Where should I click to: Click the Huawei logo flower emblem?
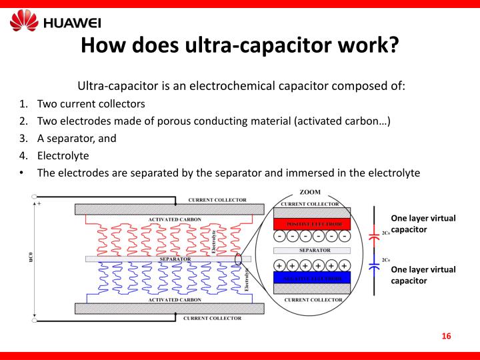[24, 21]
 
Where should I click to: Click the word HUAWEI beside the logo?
[72, 23]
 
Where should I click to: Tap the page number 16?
[447, 335]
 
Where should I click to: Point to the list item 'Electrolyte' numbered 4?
[63, 155]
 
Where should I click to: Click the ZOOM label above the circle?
[309, 192]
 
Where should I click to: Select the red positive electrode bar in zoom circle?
[312, 223]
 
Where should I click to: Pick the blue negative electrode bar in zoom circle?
[312, 277]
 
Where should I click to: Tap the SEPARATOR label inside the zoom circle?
[312, 251]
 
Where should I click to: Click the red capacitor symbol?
[374, 235]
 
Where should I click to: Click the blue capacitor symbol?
[374, 265]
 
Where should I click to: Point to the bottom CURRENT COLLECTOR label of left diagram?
[217, 319]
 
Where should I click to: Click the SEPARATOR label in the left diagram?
[175, 259]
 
